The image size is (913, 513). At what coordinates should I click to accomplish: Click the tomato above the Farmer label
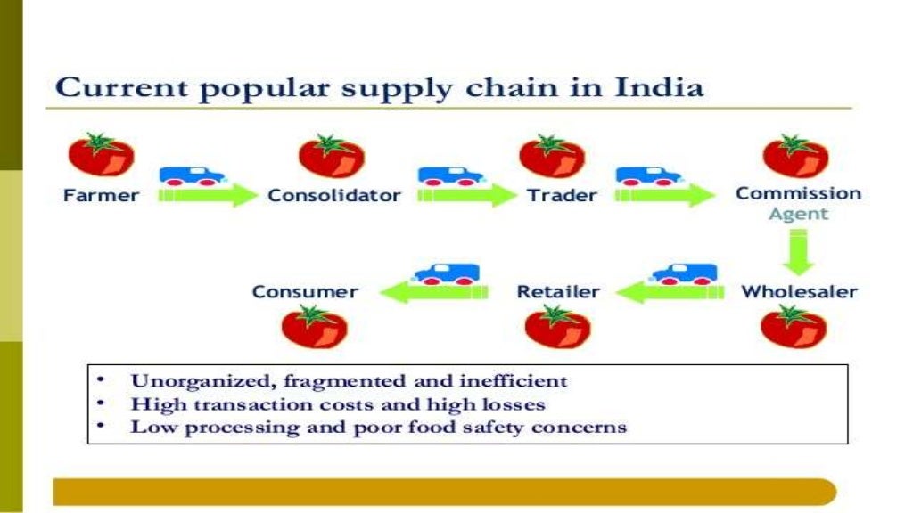point(101,155)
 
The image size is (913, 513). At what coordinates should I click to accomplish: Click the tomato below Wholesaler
point(786,326)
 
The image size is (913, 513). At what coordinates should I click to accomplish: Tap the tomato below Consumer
point(314,326)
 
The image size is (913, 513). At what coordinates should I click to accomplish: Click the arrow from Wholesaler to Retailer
point(667,290)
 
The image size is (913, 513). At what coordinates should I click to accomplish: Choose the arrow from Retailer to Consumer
point(433,290)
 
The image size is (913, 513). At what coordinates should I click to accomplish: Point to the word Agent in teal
point(798,214)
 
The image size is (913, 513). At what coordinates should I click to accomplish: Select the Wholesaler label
point(799,291)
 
